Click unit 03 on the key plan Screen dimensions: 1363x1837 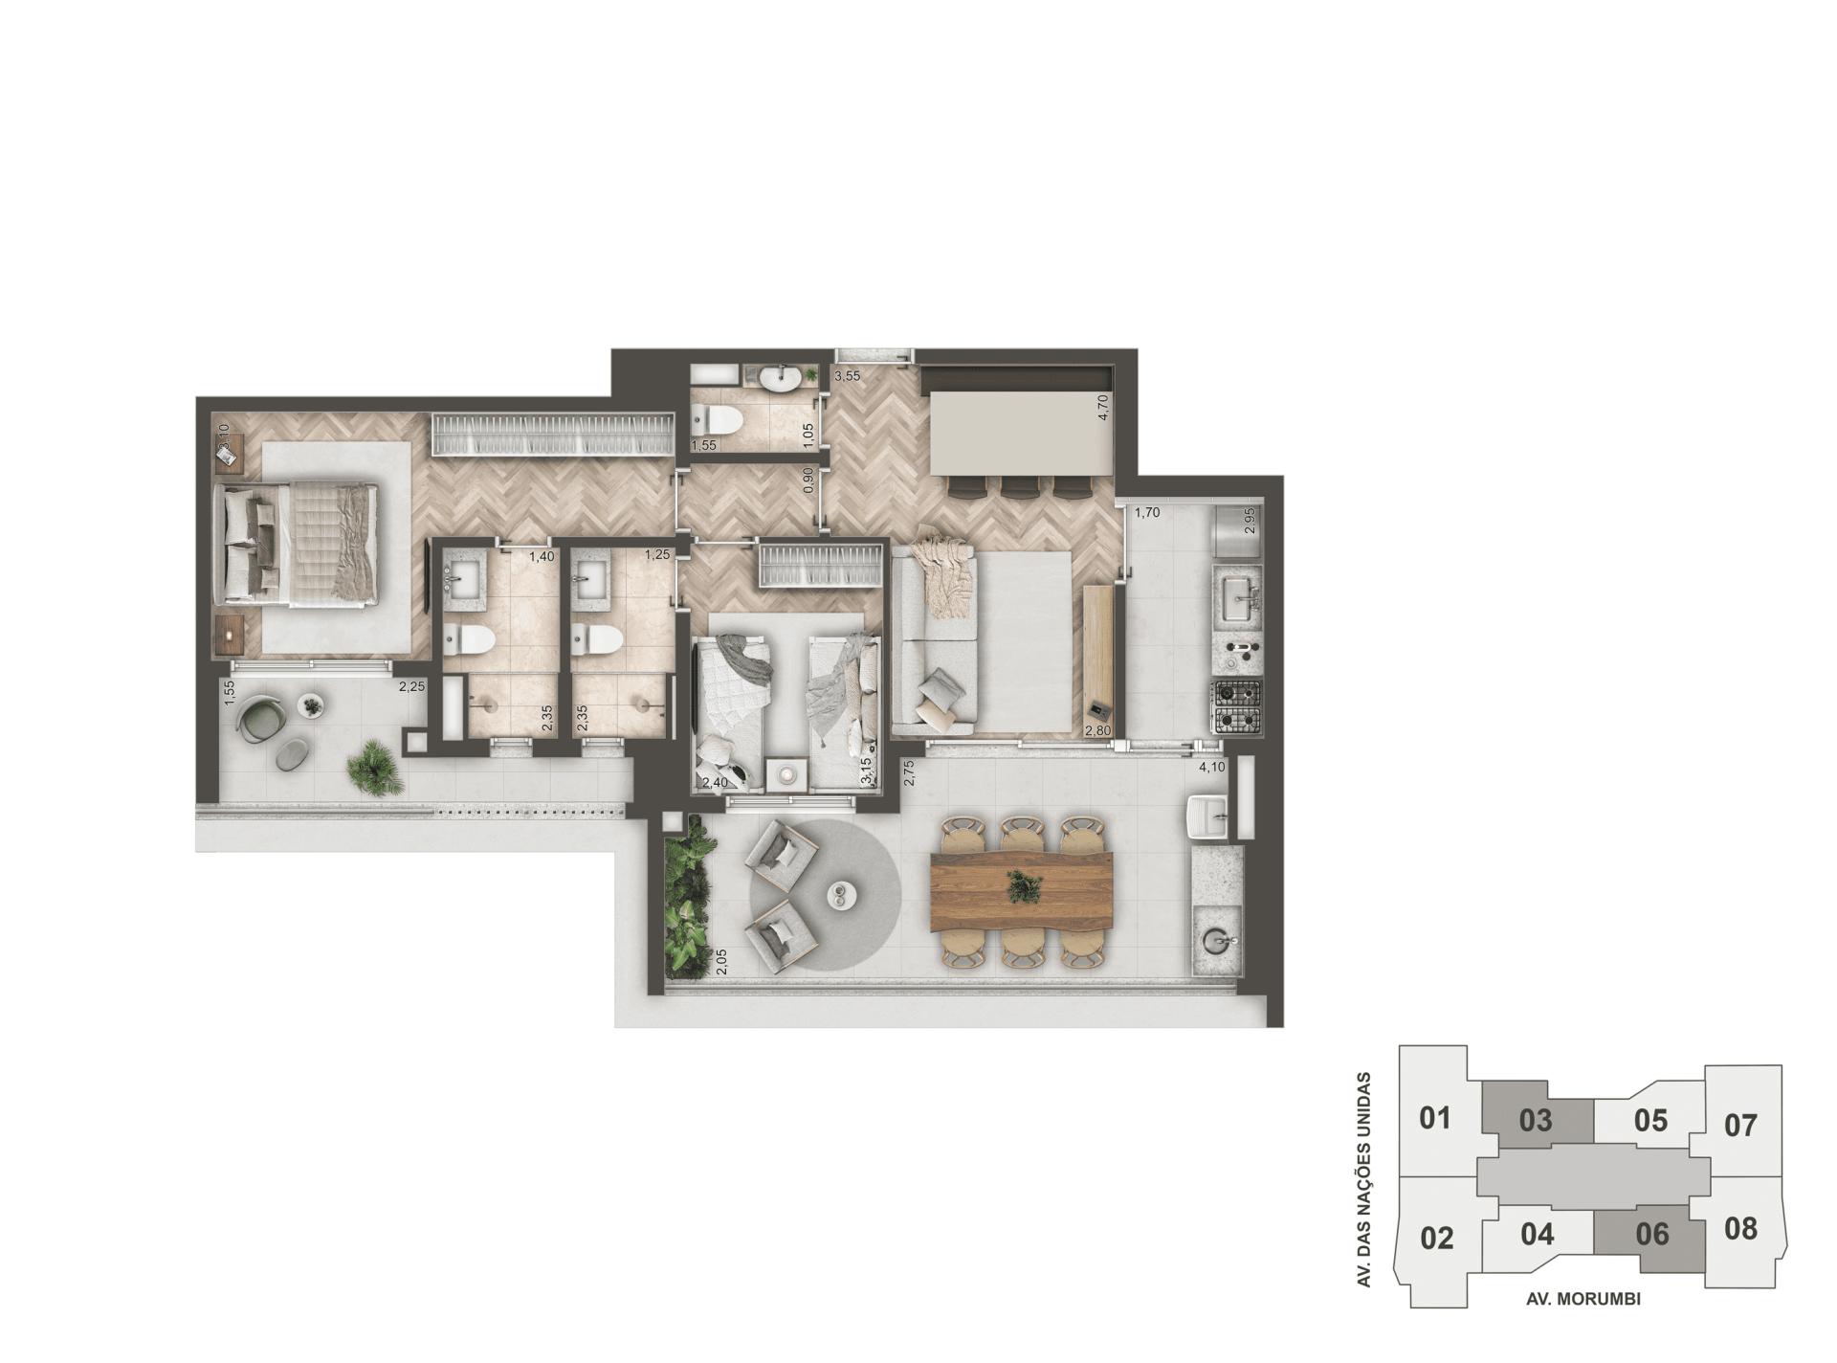[x=1536, y=1119]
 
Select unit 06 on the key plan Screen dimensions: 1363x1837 [x=1651, y=1233]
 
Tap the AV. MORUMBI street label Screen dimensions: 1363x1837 [x=1583, y=1299]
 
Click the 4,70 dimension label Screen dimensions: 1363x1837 [x=1103, y=408]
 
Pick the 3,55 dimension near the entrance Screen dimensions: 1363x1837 [x=847, y=376]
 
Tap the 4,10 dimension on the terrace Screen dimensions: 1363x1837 [x=1211, y=767]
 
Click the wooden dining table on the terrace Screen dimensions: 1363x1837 [x=1021, y=890]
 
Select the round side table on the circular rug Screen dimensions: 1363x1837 [x=841, y=895]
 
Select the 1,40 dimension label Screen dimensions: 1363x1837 [x=542, y=556]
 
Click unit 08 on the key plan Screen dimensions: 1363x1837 [x=1740, y=1227]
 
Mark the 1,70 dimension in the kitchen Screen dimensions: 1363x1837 [x=1146, y=512]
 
